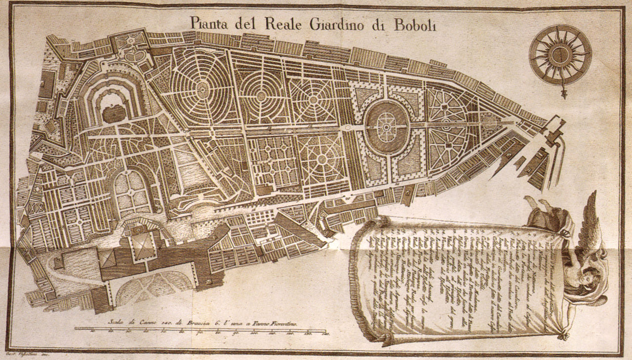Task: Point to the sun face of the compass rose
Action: (x=560, y=54)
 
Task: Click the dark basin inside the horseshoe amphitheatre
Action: (x=115, y=114)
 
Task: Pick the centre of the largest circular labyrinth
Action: (x=202, y=89)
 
